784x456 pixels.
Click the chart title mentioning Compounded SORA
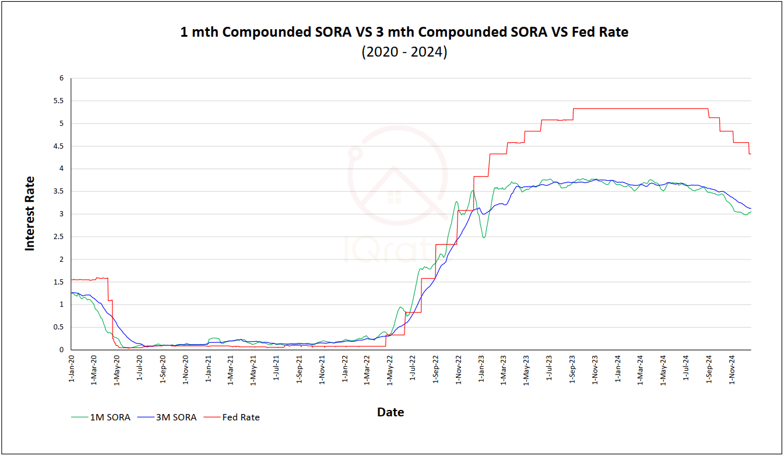404,32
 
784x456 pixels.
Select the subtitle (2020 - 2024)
404,52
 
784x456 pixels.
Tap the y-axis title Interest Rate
30,213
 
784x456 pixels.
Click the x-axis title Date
391,412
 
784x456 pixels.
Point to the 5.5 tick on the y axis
58,101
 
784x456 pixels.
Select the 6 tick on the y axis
61,78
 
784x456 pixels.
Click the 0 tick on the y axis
61,350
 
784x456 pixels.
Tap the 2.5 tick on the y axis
58,237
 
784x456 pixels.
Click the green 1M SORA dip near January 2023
484,237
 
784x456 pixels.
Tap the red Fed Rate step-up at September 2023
574,113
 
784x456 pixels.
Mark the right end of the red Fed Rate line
750,153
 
